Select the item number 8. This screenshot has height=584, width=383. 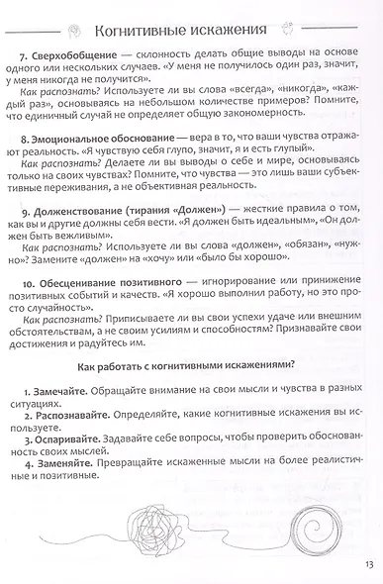(26, 132)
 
